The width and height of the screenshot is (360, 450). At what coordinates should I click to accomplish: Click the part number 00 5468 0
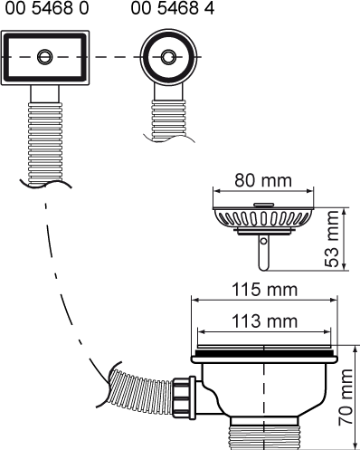point(47,8)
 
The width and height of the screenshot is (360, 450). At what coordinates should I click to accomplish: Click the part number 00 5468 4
point(173,8)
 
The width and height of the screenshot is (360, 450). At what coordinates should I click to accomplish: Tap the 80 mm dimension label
point(263,180)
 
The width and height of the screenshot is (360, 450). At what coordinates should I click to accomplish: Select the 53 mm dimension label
point(332,239)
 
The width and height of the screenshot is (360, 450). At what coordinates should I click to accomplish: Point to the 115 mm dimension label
point(264,290)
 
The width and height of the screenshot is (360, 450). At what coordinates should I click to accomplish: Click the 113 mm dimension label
point(264,321)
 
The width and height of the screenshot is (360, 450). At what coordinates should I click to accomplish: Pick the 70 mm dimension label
point(346,397)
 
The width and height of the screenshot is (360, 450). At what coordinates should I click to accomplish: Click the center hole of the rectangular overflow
point(45,57)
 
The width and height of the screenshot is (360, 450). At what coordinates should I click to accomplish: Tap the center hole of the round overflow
point(168,57)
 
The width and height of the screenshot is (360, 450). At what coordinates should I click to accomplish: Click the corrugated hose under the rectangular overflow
point(45,143)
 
